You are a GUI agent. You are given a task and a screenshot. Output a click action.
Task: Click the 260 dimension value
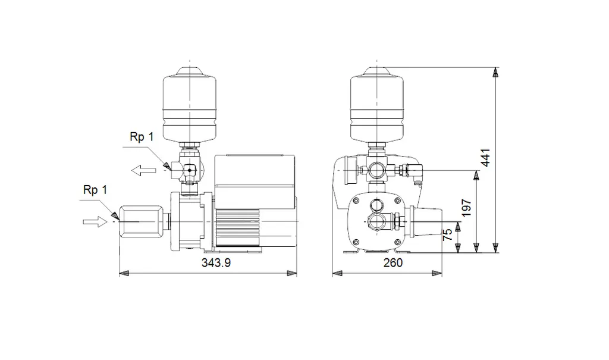click(393, 262)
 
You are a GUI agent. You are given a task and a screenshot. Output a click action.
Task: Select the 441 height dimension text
click(486, 157)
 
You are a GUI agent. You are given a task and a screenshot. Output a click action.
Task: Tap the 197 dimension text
click(467, 207)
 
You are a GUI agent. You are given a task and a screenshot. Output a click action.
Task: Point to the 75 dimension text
click(448, 234)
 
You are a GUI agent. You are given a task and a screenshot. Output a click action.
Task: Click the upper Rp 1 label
click(142, 137)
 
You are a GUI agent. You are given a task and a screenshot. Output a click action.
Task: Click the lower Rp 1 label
click(95, 190)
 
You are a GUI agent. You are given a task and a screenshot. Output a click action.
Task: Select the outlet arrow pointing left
click(143, 171)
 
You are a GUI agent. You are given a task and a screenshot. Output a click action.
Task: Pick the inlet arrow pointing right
click(93, 221)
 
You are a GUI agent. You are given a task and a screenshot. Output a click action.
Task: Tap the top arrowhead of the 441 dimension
click(495, 72)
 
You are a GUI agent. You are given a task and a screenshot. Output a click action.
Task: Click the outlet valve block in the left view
click(189, 171)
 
